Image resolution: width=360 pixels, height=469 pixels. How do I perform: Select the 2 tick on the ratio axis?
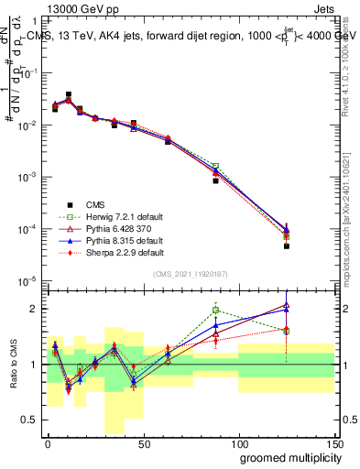[x=34, y=309]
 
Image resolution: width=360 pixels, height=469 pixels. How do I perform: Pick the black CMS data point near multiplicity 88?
[x=215, y=180]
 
